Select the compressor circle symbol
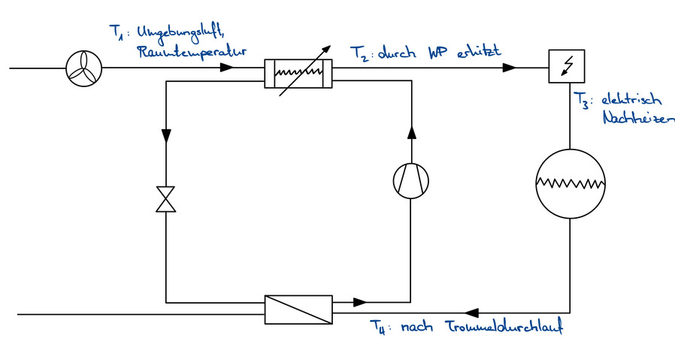tap(411, 180)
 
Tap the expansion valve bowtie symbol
tap(165, 200)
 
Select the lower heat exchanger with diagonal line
tap(298, 309)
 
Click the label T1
tap(117, 33)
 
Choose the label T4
tap(378, 327)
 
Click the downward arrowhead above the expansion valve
tap(165, 136)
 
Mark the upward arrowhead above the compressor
tap(411, 132)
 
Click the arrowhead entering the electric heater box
tap(510, 67)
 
